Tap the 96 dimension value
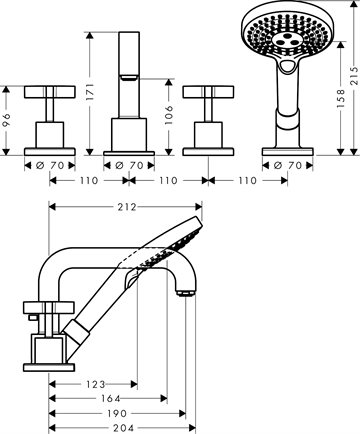[x=6, y=120]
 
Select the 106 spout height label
[x=169, y=115]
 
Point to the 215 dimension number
[x=355, y=76]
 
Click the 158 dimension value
[x=341, y=98]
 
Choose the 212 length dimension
[x=127, y=207]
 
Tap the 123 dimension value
[x=95, y=385]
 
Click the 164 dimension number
[x=110, y=398]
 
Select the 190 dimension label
[x=117, y=414]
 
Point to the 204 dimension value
[x=123, y=428]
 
